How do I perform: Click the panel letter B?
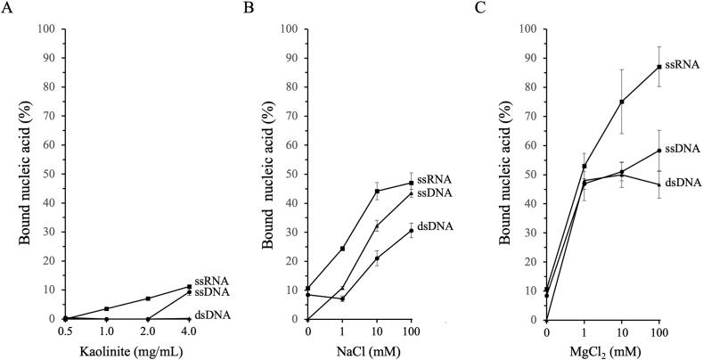coord(247,8)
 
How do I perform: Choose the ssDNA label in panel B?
coord(436,192)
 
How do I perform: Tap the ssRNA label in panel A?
coord(208,281)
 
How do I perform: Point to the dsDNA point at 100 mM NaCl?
coord(411,230)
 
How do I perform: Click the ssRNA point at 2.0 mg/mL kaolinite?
coord(148,299)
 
